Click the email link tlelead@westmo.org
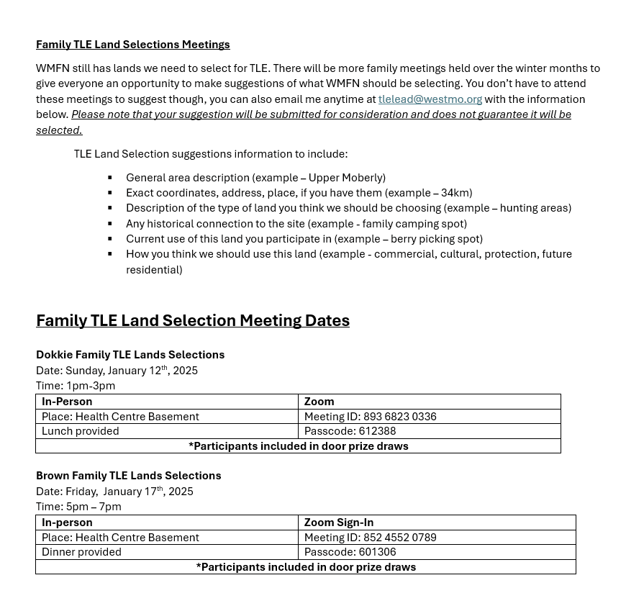[x=430, y=99]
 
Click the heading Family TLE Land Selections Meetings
[x=133, y=45]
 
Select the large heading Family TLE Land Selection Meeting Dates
[x=193, y=321]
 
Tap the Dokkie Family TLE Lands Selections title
[x=130, y=355]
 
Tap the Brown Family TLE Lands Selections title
[x=129, y=476]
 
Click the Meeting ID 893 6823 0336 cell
[x=370, y=417]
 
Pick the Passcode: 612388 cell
[x=350, y=431]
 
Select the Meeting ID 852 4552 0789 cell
[x=370, y=538]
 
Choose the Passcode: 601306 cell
[x=350, y=552]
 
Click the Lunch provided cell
[x=81, y=431]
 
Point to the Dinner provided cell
[x=81, y=552]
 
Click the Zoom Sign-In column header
[x=339, y=523]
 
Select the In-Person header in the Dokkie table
[x=67, y=402]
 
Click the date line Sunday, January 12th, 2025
[x=117, y=371]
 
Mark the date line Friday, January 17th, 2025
[x=114, y=492]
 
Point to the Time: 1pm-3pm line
[x=76, y=386]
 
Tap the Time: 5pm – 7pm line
[x=78, y=507]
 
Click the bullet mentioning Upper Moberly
[x=255, y=178]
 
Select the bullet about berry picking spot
[x=304, y=239]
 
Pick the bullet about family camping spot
[x=296, y=224]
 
